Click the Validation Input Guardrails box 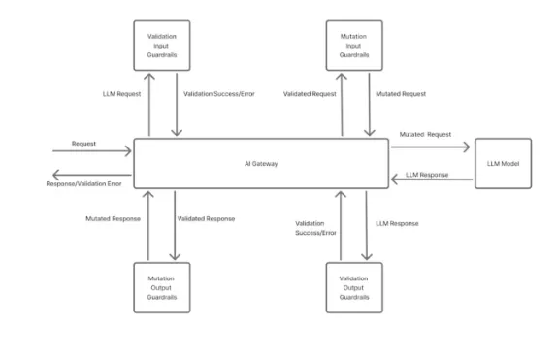(162, 45)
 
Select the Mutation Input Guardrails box (354, 45)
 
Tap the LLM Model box (503, 164)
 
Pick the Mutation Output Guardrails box (161, 287)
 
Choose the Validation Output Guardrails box (354, 287)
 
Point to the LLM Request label (120, 94)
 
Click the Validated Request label (310, 94)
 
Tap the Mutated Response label (114, 218)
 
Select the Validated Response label (207, 218)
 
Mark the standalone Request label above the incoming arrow (83, 144)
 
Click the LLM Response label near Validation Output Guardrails (397, 223)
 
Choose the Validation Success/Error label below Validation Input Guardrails (218, 94)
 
